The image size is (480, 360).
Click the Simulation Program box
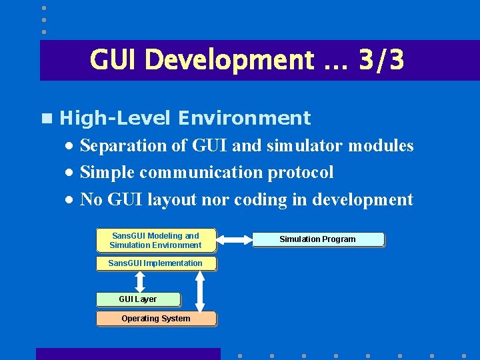[x=317, y=239]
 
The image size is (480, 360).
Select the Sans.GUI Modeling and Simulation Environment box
[x=155, y=241]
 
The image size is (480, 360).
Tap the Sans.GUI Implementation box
[x=155, y=263]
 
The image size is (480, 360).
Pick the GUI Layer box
[x=137, y=299]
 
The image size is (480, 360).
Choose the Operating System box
[x=155, y=319]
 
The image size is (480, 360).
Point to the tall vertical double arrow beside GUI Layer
[x=200, y=291]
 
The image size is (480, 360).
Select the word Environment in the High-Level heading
[x=244, y=118]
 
